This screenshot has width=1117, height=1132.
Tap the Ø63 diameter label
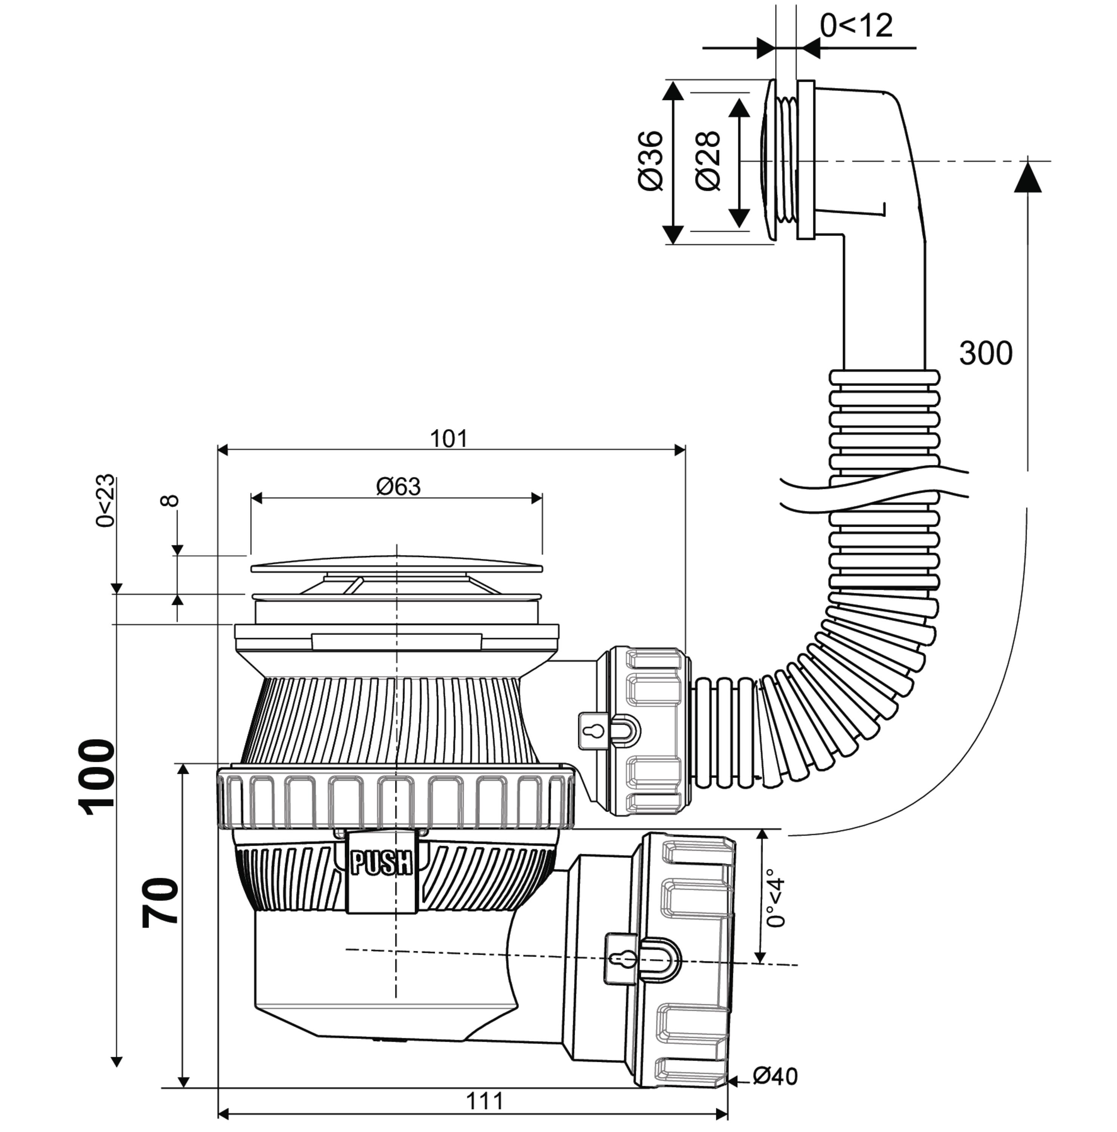click(x=398, y=486)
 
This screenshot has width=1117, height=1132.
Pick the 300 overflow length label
click(x=986, y=353)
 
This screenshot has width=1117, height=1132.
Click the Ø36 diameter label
click(x=651, y=160)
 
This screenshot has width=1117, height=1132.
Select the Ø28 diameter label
click(x=708, y=160)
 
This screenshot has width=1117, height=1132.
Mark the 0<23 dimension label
click(x=106, y=501)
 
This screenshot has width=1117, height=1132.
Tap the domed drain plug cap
click(x=396, y=564)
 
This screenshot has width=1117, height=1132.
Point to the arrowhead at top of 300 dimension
click(x=1027, y=176)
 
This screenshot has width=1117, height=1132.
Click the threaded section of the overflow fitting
click(x=786, y=160)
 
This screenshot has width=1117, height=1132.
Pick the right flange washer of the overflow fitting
click(x=806, y=160)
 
